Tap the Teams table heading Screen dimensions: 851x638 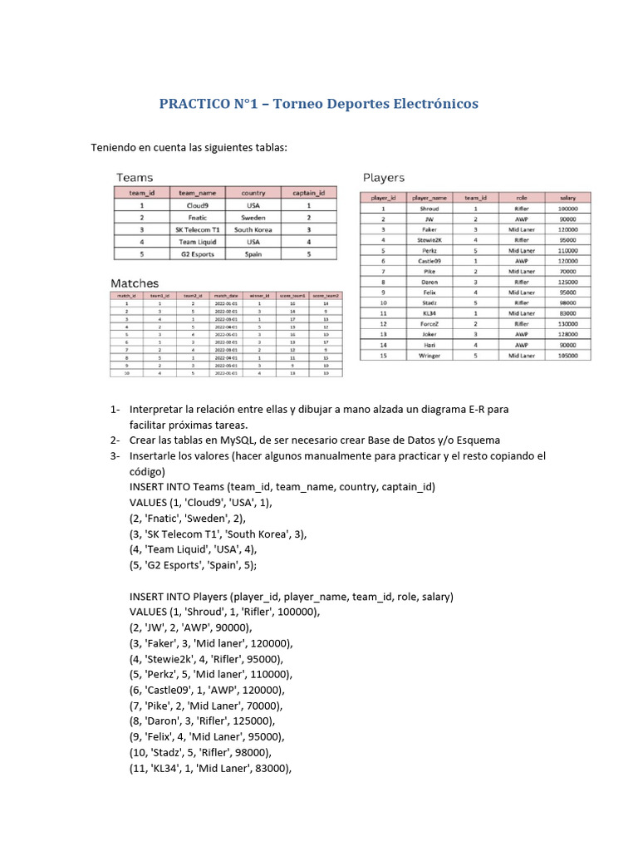135,177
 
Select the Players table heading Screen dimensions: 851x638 384,177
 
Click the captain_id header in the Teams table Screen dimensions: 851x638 309,193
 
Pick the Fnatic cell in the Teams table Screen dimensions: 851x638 198,216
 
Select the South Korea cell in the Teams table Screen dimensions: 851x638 253,229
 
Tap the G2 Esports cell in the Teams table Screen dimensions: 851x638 198,254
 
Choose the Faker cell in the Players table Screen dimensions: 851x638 429,229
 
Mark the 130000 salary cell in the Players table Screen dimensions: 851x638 567,323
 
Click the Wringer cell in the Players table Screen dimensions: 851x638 429,355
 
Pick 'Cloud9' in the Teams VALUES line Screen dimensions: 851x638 204,503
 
